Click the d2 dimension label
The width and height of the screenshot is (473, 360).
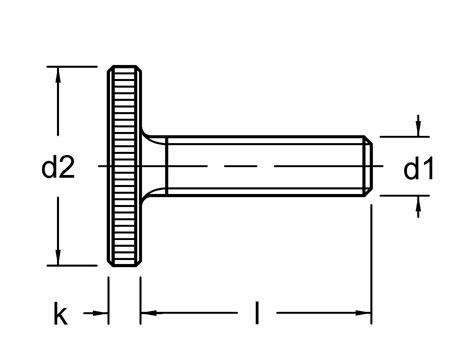click(58, 169)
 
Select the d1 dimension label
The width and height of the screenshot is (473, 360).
click(418, 169)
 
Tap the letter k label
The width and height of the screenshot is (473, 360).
click(61, 316)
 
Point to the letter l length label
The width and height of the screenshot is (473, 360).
click(257, 316)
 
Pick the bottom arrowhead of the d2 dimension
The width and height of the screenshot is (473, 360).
click(62, 258)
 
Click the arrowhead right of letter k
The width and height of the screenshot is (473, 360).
click(100, 314)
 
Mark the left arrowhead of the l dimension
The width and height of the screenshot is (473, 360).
click(147, 314)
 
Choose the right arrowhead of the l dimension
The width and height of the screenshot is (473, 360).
click(366, 314)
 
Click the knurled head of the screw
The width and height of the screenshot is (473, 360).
click(123, 165)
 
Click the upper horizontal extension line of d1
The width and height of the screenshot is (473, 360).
click(400, 136)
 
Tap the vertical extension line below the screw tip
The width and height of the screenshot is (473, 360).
click(373, 260)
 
